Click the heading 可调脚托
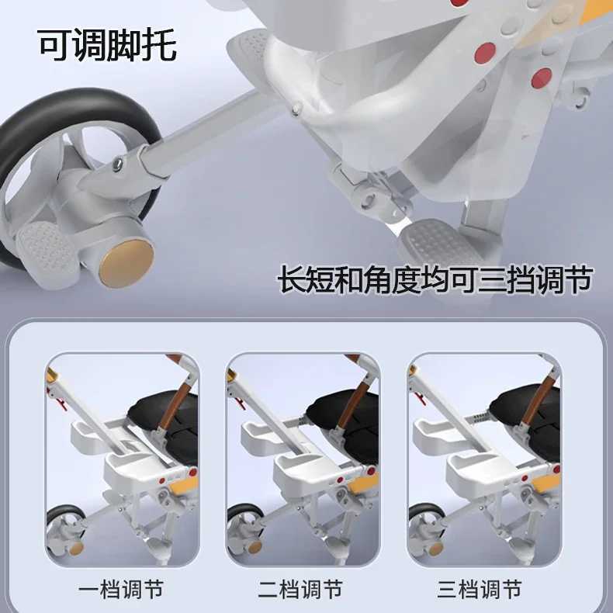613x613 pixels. (108, 45)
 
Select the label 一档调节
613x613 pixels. (120, 589)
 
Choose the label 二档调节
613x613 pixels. (302, 589)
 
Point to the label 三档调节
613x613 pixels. (482, 589)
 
